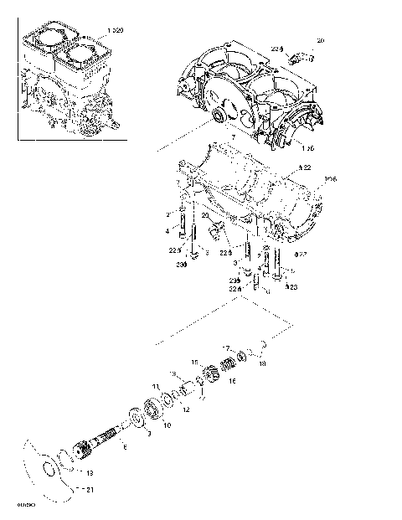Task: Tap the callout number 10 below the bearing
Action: point(167,425)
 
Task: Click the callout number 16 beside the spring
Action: point(232,381)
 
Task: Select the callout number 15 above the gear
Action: point(194,361)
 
